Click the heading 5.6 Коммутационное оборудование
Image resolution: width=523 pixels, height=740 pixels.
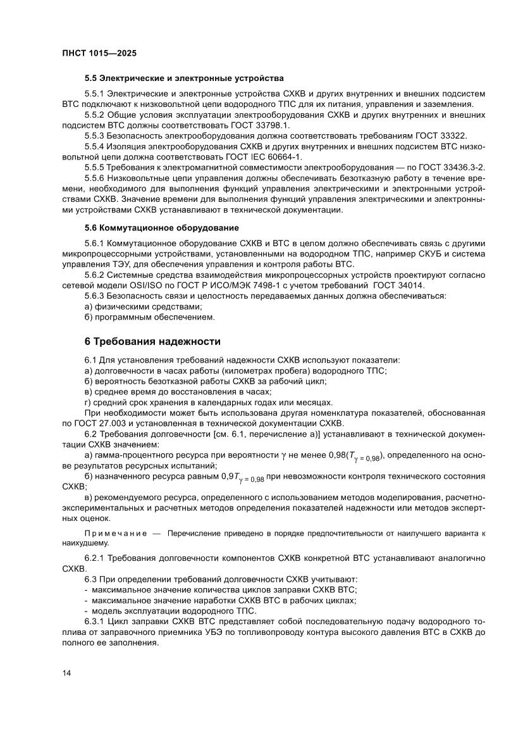162,227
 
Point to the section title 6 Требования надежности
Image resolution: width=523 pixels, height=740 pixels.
152,342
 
